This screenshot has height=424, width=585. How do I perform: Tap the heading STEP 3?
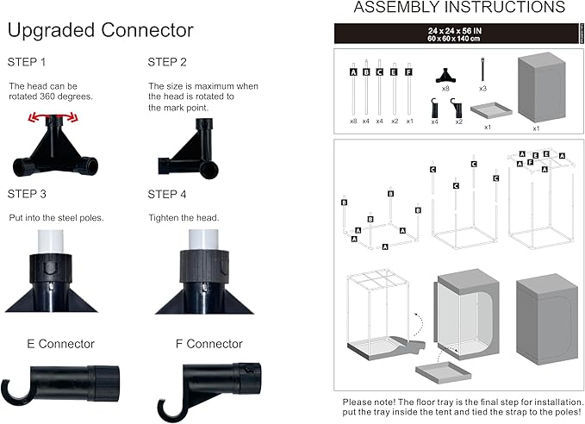click(x=26, y=194)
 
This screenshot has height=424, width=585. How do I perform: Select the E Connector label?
click(x=60, y=344)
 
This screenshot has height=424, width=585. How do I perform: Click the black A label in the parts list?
click(x=353, y=73)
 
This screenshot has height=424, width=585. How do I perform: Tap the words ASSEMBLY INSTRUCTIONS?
click(x=459, y=9)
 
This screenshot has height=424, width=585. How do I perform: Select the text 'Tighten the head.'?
click(x=184, y=217)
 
